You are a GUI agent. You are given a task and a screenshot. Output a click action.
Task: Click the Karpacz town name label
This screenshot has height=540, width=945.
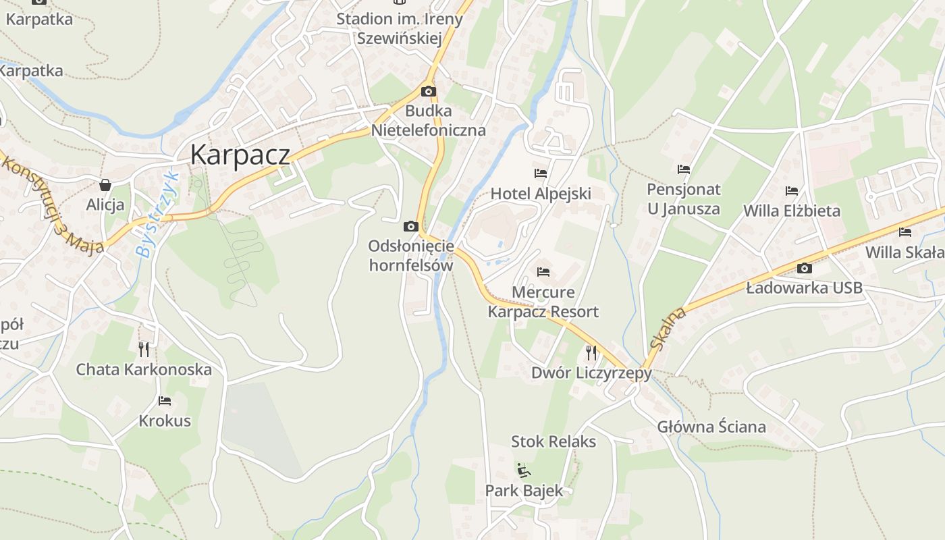(240, 155)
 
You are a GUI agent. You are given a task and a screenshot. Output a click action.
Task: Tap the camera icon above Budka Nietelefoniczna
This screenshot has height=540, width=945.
(428, 91)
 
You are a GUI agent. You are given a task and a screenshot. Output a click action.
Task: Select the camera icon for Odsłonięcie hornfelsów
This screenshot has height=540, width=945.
(410, 226)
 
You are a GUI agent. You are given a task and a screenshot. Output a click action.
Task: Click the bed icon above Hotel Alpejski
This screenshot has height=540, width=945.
(540, 173)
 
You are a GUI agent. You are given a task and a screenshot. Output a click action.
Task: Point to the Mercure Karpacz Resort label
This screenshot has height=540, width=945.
(543, 302)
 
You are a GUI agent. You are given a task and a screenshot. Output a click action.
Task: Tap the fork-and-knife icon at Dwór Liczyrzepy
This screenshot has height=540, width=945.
(591, 352)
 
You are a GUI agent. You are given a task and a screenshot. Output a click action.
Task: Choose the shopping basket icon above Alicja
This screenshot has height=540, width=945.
(105, 184)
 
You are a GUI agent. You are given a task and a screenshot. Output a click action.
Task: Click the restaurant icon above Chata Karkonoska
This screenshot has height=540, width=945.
(144, 349)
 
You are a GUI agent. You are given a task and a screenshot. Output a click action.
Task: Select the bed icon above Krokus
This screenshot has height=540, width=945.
(164, 401)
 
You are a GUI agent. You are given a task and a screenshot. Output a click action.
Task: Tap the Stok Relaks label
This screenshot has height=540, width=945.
(553, 441)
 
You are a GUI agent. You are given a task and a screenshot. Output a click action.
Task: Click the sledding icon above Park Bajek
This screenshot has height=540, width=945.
(523, 470)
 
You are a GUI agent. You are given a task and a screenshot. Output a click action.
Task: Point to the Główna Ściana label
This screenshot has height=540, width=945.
(711, 427)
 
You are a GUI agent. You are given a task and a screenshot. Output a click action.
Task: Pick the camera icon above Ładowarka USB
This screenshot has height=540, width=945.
(804, 268)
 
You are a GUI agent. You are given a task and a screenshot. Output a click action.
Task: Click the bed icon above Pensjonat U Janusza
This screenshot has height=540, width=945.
(684, 169)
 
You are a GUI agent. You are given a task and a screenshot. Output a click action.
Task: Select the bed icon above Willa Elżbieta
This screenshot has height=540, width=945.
(792, 191)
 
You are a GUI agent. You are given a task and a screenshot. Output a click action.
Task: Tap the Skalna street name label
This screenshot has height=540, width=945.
(668, 328)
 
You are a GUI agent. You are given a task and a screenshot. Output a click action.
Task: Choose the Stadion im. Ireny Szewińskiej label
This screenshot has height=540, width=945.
(400, 28)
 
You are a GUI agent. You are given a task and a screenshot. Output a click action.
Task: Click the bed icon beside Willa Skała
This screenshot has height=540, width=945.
(905, 232)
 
